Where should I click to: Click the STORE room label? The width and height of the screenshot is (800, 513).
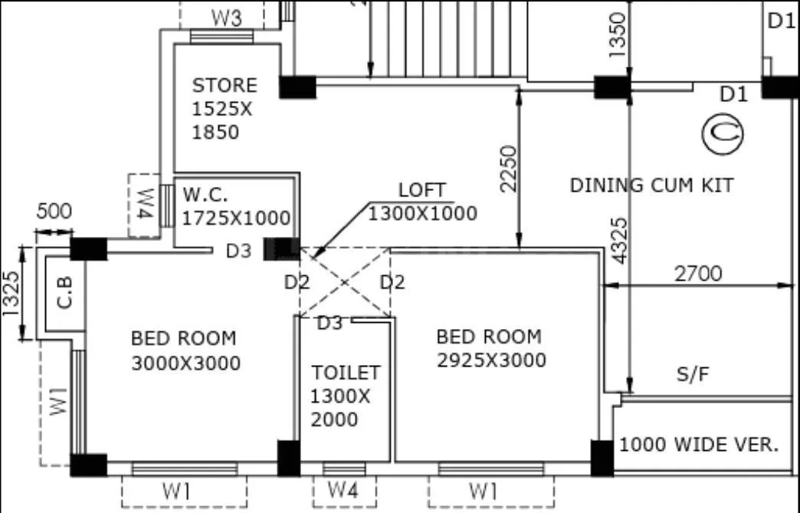[225, 85]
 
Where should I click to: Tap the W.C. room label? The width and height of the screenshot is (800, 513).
[205, 195]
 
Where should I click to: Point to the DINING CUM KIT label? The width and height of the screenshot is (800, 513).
[651, 185]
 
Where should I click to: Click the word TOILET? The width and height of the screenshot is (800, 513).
[346, 373]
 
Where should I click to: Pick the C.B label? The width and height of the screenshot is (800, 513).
[66, 292]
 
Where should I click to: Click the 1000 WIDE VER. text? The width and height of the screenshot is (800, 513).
[699, 444]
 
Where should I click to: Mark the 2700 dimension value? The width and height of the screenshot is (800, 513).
[697, 273]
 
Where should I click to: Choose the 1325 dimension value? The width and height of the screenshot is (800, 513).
[10, 294]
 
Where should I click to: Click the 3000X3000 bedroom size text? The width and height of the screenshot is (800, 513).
[185, 363]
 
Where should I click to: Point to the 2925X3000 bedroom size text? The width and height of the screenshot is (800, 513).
[491, 360]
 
